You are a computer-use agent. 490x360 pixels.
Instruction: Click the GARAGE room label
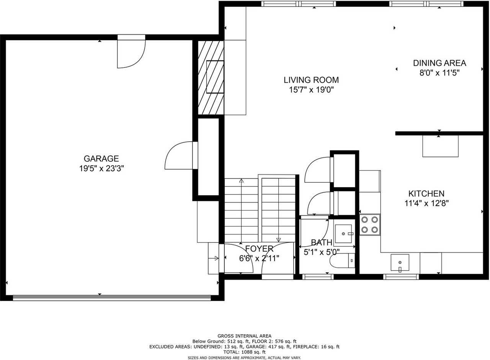click(101, 159)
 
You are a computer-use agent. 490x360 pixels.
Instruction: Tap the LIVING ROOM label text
click(311, 80)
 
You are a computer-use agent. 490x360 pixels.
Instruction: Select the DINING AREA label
click(439, 63)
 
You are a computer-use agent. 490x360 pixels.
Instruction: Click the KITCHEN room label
click(426, 193)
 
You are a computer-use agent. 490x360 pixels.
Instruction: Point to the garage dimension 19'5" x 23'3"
click(101, 169)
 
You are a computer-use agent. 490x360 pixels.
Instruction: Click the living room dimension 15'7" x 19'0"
click(311, 90)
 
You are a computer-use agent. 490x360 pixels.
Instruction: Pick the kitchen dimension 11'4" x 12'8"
click(426, 203)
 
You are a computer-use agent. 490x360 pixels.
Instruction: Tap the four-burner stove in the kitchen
click(370, 225)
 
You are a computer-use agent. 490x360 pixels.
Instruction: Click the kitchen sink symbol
click(400, 262)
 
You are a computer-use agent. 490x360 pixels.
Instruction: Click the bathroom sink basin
click(343, 234)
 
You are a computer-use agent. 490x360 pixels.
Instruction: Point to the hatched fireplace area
click(211, 77)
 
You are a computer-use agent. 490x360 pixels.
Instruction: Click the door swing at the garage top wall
click(131, 54)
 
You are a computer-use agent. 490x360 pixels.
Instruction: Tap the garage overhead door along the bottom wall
click(112, 298)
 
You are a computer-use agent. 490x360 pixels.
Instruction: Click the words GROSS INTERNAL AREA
click(244, 336)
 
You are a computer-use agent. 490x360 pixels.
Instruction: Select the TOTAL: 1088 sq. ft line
click(244, 352)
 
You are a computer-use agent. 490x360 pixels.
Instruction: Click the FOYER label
click(259, 249)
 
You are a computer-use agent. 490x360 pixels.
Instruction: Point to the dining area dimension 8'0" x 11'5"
click(439, 73)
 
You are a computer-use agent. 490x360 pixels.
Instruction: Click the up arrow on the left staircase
click(241, 211)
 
